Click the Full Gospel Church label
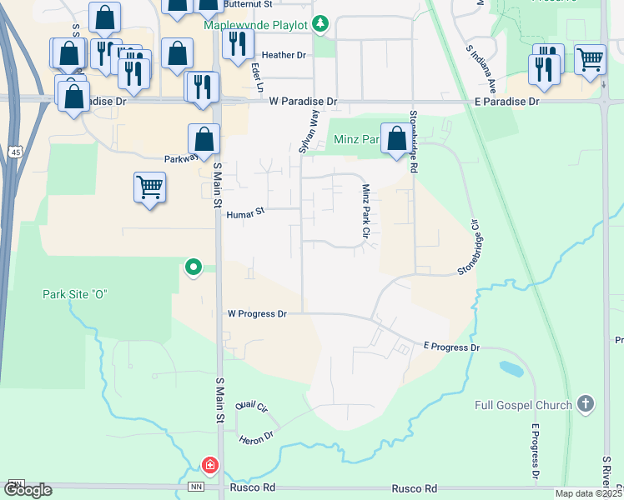tap(523, 406)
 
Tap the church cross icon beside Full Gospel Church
tap(586, 405)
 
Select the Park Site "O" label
tap(77, 294)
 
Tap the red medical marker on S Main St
tap(212, 464)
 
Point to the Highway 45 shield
tap(16, 152)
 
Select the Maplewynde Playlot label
tap(256, 23)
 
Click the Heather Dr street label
tap(284, 55)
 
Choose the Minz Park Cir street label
tap(365, 212)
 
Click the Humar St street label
tap(245, 212)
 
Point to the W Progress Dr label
tap(257, 314)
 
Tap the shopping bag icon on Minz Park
tap(396, 137)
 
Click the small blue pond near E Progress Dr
tap(510, 367)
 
